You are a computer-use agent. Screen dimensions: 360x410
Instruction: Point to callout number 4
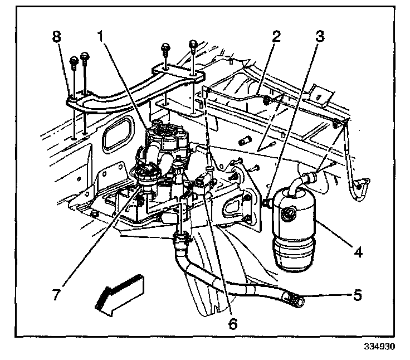tap(358, 252)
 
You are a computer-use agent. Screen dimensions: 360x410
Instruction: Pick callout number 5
tap(358, 294)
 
